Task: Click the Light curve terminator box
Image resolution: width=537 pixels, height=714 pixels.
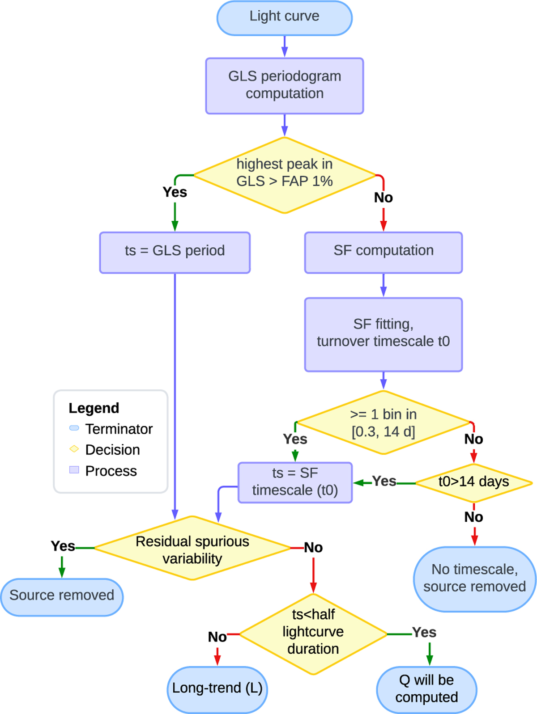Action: [285, 18]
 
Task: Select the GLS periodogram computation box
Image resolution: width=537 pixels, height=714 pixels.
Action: [285, 85]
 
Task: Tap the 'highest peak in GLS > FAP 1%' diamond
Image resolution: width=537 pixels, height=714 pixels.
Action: [285, 175]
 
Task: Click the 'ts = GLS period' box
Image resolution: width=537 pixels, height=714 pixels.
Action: [175, 252]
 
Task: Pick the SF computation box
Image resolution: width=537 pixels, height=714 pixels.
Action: [384, 252]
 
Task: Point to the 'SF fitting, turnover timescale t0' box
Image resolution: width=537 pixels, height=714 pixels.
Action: [384, 334]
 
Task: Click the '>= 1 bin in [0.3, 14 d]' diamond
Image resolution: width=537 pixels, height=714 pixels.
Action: [384, 422]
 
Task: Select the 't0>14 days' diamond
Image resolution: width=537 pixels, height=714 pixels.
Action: [474, 482]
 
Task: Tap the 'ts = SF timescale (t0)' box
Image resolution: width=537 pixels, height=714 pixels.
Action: [295, 482]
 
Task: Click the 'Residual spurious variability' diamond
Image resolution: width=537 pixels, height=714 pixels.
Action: [192, 548]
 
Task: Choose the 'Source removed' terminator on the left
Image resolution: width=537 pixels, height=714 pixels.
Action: [62, 597]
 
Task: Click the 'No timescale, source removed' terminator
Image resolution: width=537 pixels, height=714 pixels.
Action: [474, 579]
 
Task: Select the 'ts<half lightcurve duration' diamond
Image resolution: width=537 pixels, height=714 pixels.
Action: [313, 633]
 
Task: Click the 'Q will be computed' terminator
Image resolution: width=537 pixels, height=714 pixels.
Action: [426, 689]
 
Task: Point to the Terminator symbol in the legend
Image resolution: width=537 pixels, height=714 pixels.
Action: [74, 428]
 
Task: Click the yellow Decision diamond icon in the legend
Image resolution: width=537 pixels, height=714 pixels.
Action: [74, 449]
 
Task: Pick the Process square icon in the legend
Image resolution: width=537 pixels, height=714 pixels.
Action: [74, 470]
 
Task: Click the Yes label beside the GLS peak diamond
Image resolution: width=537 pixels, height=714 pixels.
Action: [175, 192]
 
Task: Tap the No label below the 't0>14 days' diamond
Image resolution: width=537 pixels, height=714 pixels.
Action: [473, 517]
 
